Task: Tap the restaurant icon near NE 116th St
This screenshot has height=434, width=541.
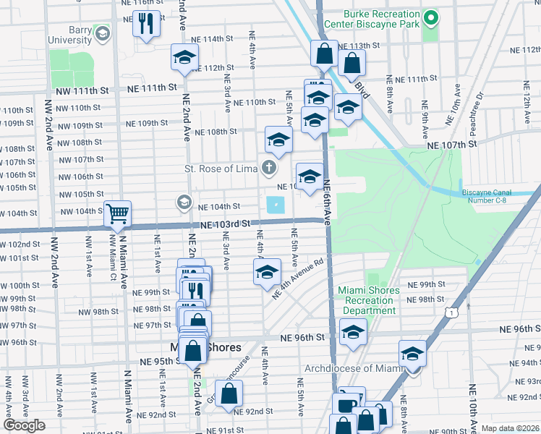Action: tap(147, 24)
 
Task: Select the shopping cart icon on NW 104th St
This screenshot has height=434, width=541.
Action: tap(117, 213)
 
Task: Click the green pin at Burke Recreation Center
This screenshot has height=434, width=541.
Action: tap(431, 17)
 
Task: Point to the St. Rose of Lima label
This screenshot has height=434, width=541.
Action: tap(221, 169)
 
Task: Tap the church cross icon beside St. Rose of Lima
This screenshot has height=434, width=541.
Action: tap(269, 169)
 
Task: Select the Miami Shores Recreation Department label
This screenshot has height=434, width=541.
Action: tap(369, 300)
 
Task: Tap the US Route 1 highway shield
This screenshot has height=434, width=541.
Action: tap(452, 312)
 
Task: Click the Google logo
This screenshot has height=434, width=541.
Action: tap(24, 425)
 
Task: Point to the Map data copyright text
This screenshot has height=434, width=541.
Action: tap(511, 428)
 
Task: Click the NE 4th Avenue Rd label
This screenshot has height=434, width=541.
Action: tap(297, 278)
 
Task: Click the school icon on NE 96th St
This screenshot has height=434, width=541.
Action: tap(352, 332)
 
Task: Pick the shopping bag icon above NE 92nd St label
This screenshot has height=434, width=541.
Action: tap(229, 393)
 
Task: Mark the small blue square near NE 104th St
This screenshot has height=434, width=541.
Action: tap(275, 205)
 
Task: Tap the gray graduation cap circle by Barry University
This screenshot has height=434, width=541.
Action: tap(102, 34)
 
